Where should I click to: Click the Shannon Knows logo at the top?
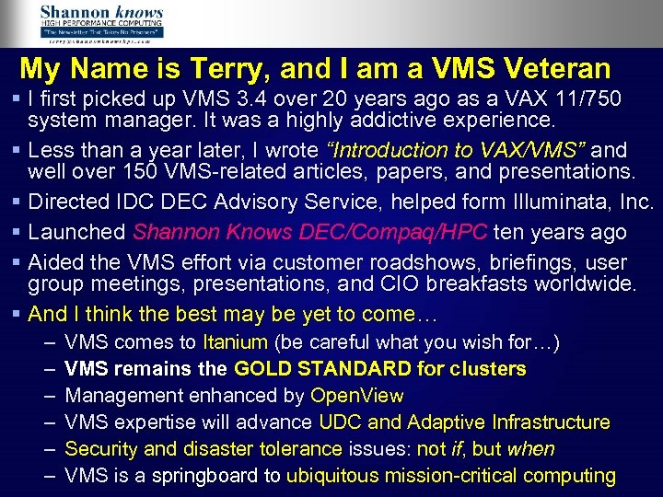point(101,22)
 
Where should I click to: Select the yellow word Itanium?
point(235,343)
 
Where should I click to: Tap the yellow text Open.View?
point(357,396)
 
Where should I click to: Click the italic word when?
point(530,449)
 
